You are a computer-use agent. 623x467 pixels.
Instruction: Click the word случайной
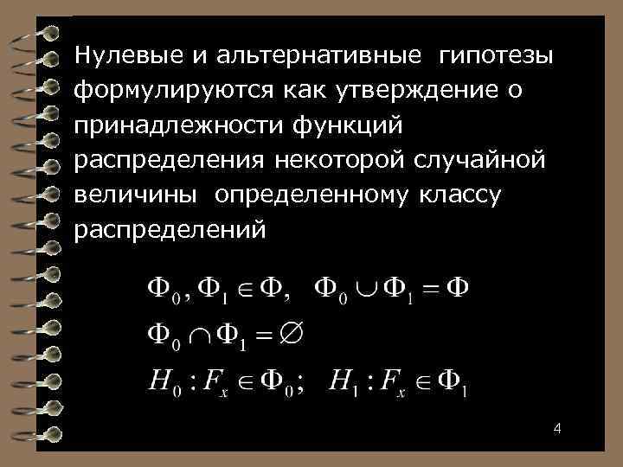click(x=478, y=161)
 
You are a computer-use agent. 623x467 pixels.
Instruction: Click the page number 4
click(x=557, y=429)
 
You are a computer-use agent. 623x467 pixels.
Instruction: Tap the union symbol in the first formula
click(x=369, y=289)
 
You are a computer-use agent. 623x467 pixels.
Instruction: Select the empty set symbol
click(x=299, y=331)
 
